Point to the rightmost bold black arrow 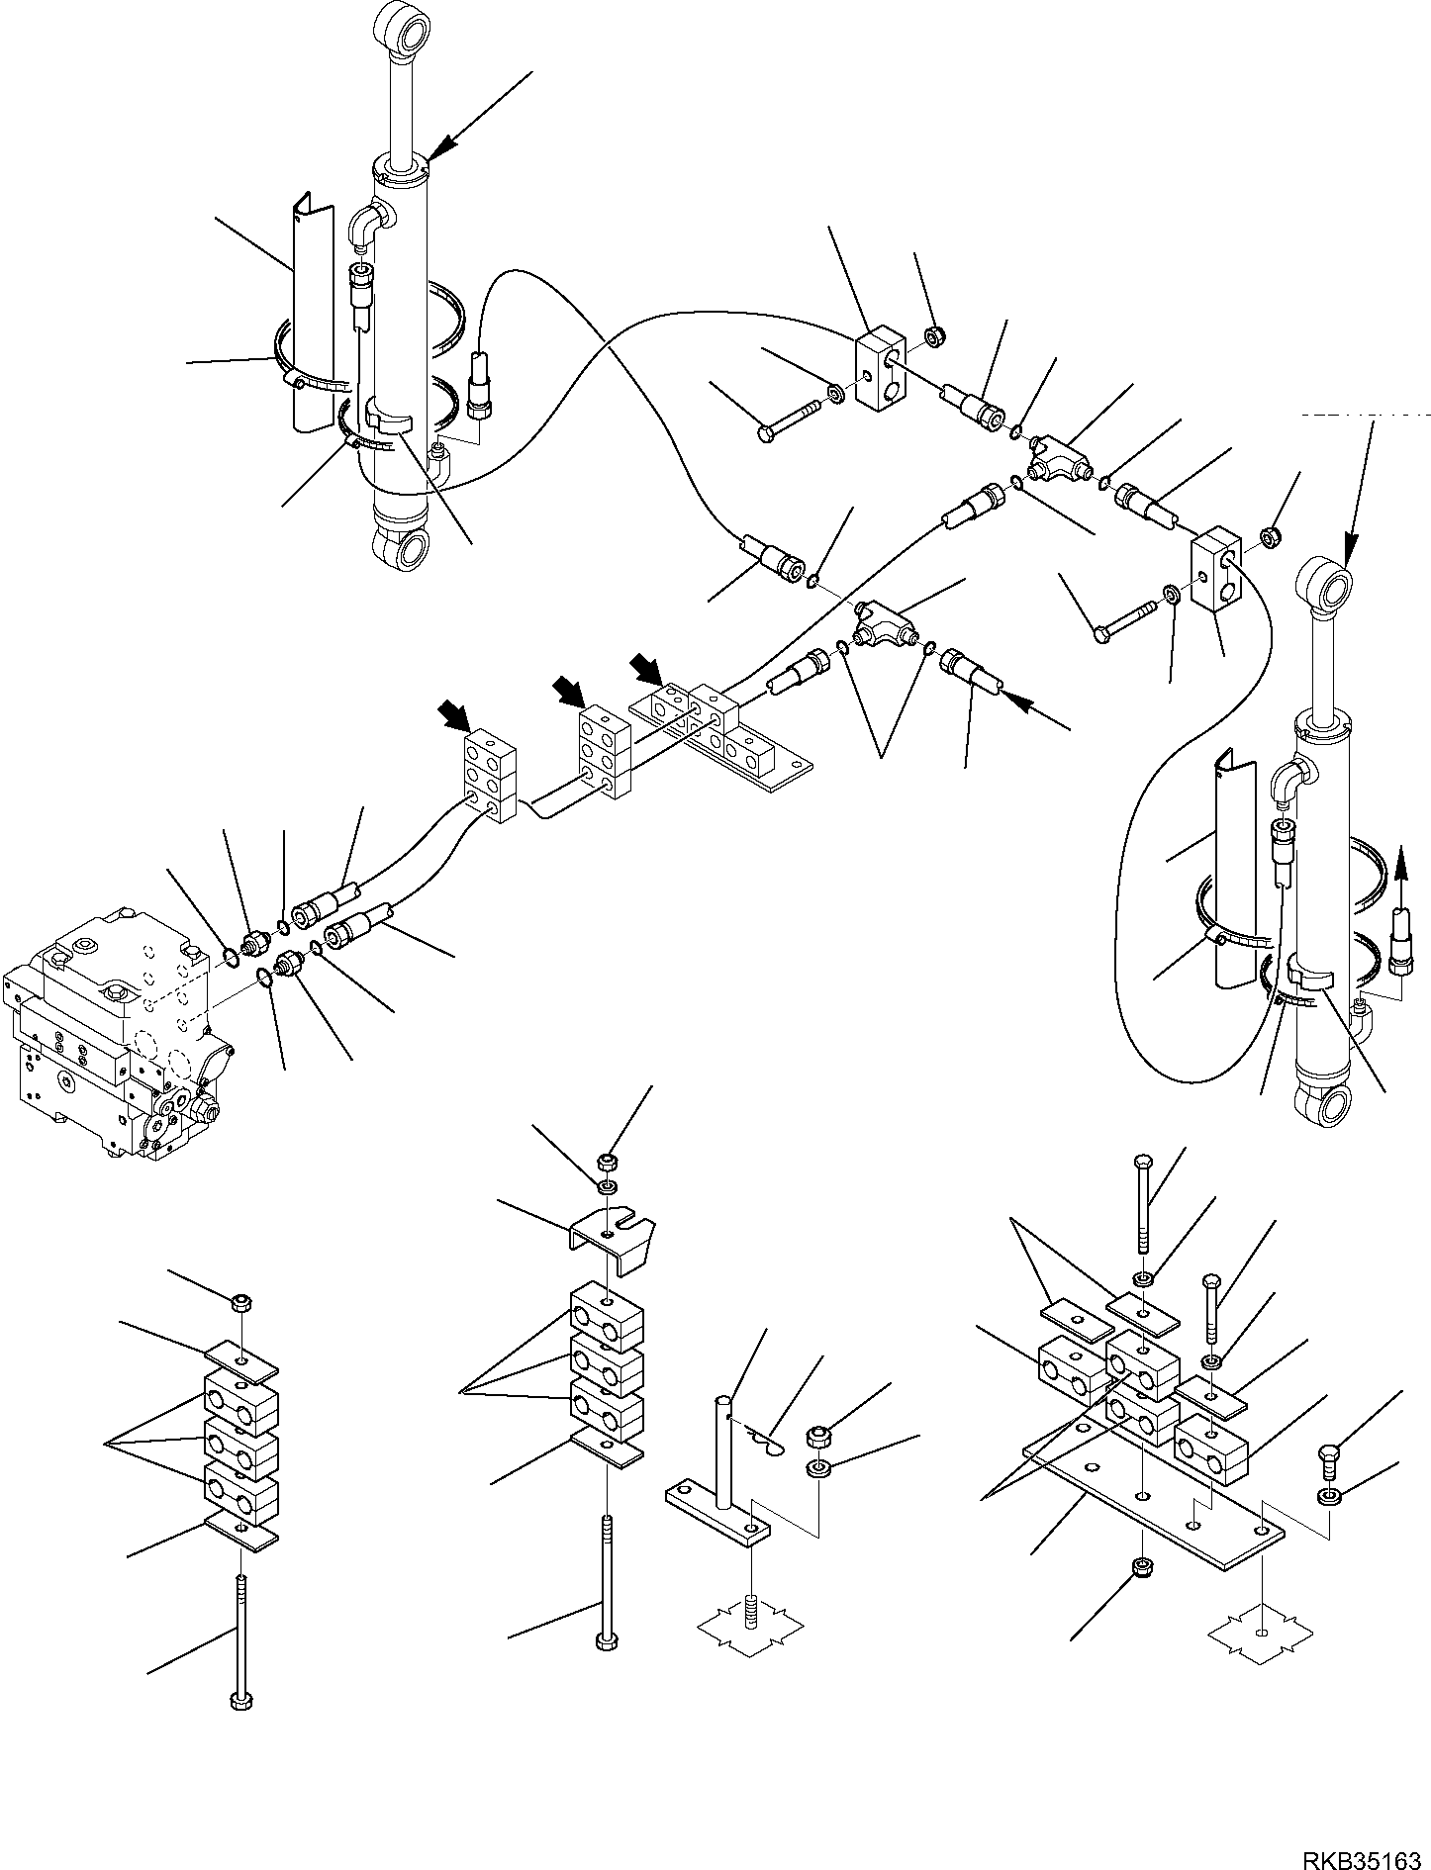click(x=648, y=667)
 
